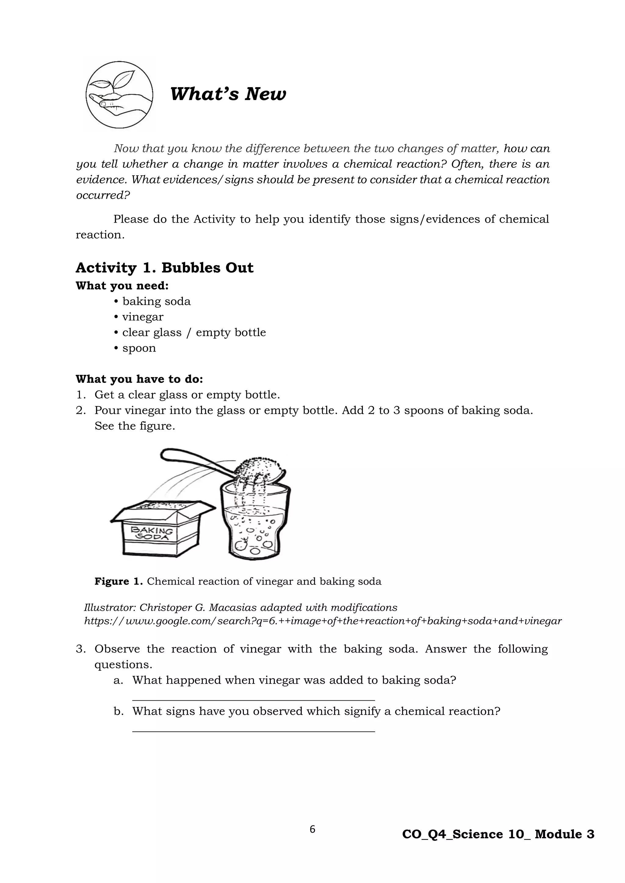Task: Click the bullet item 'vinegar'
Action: coord(143,317)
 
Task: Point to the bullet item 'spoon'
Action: coord(139,348)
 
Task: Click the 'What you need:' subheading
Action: coord(122,286)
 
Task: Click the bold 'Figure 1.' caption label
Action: coord(118,581)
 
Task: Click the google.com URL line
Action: coord(323,621)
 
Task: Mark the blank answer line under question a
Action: coord(253,700)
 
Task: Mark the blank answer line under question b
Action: coord(253,731)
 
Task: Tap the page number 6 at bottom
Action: coord(312,829)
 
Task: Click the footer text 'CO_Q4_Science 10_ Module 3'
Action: coord(498,834)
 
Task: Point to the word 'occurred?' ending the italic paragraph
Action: coord(103,195)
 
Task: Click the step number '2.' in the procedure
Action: coord(81,410)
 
